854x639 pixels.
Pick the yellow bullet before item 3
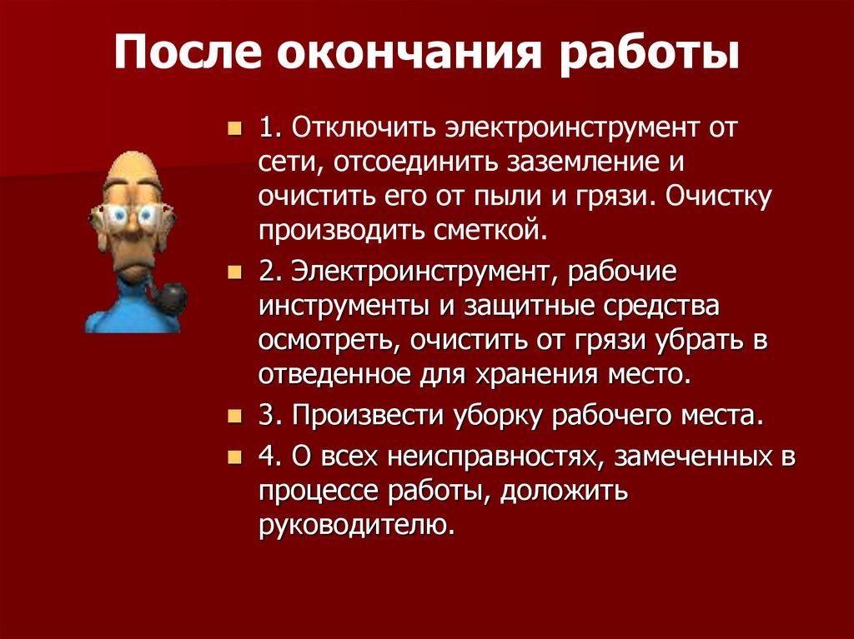235,415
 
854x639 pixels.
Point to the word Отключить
361,129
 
